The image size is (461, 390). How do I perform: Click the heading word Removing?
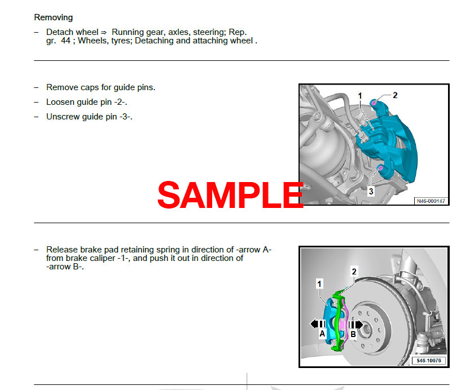point(53,17)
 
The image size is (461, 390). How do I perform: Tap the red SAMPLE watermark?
point(230,194)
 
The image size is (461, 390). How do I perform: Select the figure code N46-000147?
point(431,201)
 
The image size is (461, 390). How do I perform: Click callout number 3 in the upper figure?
point(371,192)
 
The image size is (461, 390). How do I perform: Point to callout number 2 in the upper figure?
point(395,95)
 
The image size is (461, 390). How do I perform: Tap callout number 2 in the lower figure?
point(354,272)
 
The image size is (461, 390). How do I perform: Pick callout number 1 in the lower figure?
point(319,284)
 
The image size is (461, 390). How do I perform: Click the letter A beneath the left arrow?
point(322,334)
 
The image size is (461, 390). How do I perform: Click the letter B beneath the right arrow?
point(353,334)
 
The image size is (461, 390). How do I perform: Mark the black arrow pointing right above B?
point(355,324)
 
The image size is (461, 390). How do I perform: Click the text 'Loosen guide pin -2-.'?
point(90,102)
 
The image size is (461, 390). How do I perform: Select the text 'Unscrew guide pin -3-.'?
point(93,117)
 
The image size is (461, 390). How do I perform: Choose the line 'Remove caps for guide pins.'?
point(100,87)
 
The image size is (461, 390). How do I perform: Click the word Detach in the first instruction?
point(59,32)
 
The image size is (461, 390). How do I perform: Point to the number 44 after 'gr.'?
point(65,41)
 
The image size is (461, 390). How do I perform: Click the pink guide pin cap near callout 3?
point(381,168)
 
